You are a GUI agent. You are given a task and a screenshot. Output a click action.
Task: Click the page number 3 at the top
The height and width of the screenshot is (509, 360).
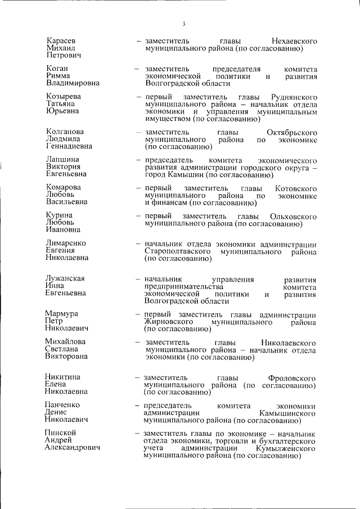point(184,24)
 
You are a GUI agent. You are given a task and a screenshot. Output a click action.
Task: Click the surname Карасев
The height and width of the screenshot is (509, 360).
point(61,42)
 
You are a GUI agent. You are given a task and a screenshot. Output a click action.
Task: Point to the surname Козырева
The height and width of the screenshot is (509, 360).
point(63,97)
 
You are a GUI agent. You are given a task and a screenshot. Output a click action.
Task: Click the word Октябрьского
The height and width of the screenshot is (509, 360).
point(292,132)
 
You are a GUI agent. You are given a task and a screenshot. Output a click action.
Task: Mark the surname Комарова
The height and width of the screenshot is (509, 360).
point(63,187)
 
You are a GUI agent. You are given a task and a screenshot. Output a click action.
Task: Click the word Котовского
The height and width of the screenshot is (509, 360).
point(296,187)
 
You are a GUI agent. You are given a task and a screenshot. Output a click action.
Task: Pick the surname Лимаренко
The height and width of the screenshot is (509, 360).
point(66,244)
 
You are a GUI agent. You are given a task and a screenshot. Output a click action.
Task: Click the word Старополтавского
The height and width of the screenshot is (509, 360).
point(178,251)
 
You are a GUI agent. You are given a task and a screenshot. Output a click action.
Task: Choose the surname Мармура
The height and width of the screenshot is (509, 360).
point(61,313)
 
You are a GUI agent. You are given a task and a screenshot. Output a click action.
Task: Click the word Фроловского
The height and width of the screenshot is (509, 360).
point(292,377)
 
